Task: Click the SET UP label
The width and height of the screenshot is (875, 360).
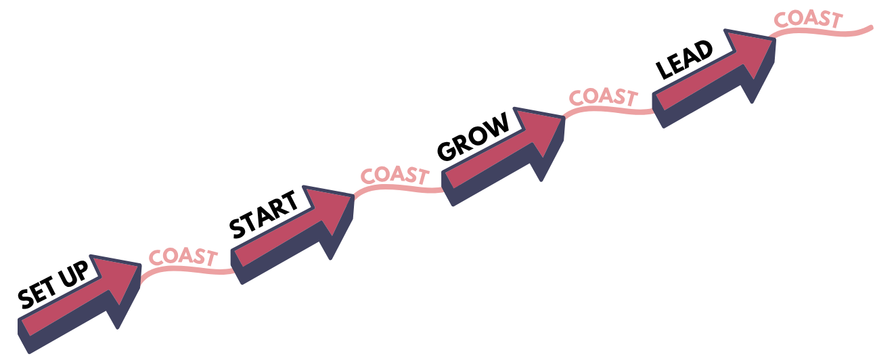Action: (53, 284)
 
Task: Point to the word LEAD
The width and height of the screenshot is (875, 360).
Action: (684, 60)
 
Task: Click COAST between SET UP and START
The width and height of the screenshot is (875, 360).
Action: (183, 256)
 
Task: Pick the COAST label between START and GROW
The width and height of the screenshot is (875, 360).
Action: (395, 175)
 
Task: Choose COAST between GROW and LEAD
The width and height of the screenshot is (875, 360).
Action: (603, 97)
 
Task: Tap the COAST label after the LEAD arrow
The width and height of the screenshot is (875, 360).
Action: (808, 19)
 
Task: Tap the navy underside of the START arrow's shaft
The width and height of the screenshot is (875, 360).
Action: (282, 254)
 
